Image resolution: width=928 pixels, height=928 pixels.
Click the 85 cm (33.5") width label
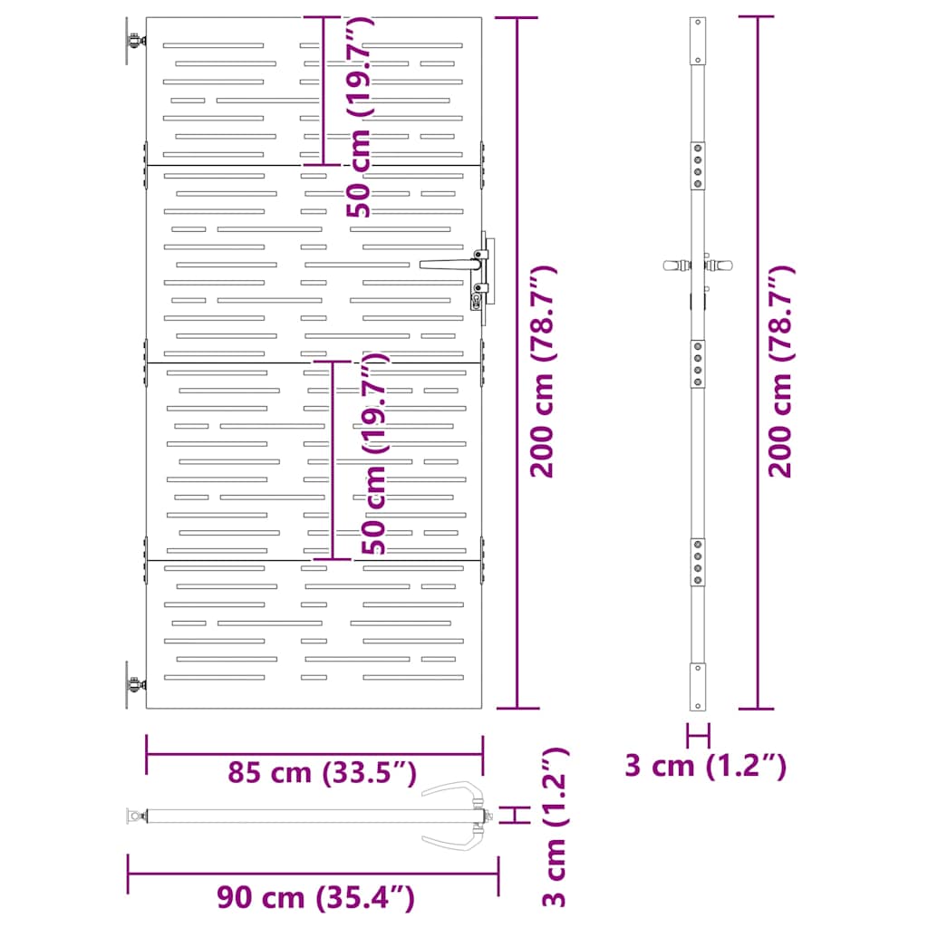(x=322, y=772)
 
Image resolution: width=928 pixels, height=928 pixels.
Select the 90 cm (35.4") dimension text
(x=315, y=897)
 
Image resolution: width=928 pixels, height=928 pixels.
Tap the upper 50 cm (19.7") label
(x=359, y=117)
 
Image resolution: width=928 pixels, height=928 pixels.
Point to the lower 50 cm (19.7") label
(x=374, y=453)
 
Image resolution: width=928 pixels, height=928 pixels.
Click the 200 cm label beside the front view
(x=543, y=372)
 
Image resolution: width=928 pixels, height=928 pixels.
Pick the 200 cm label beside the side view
(x=781, y=372)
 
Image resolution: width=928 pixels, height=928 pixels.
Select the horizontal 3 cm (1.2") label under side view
(x=705, y=766)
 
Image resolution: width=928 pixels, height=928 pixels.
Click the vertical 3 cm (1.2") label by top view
(x=556, y=826)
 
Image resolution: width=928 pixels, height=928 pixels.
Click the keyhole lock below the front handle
(x=477, y=299)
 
